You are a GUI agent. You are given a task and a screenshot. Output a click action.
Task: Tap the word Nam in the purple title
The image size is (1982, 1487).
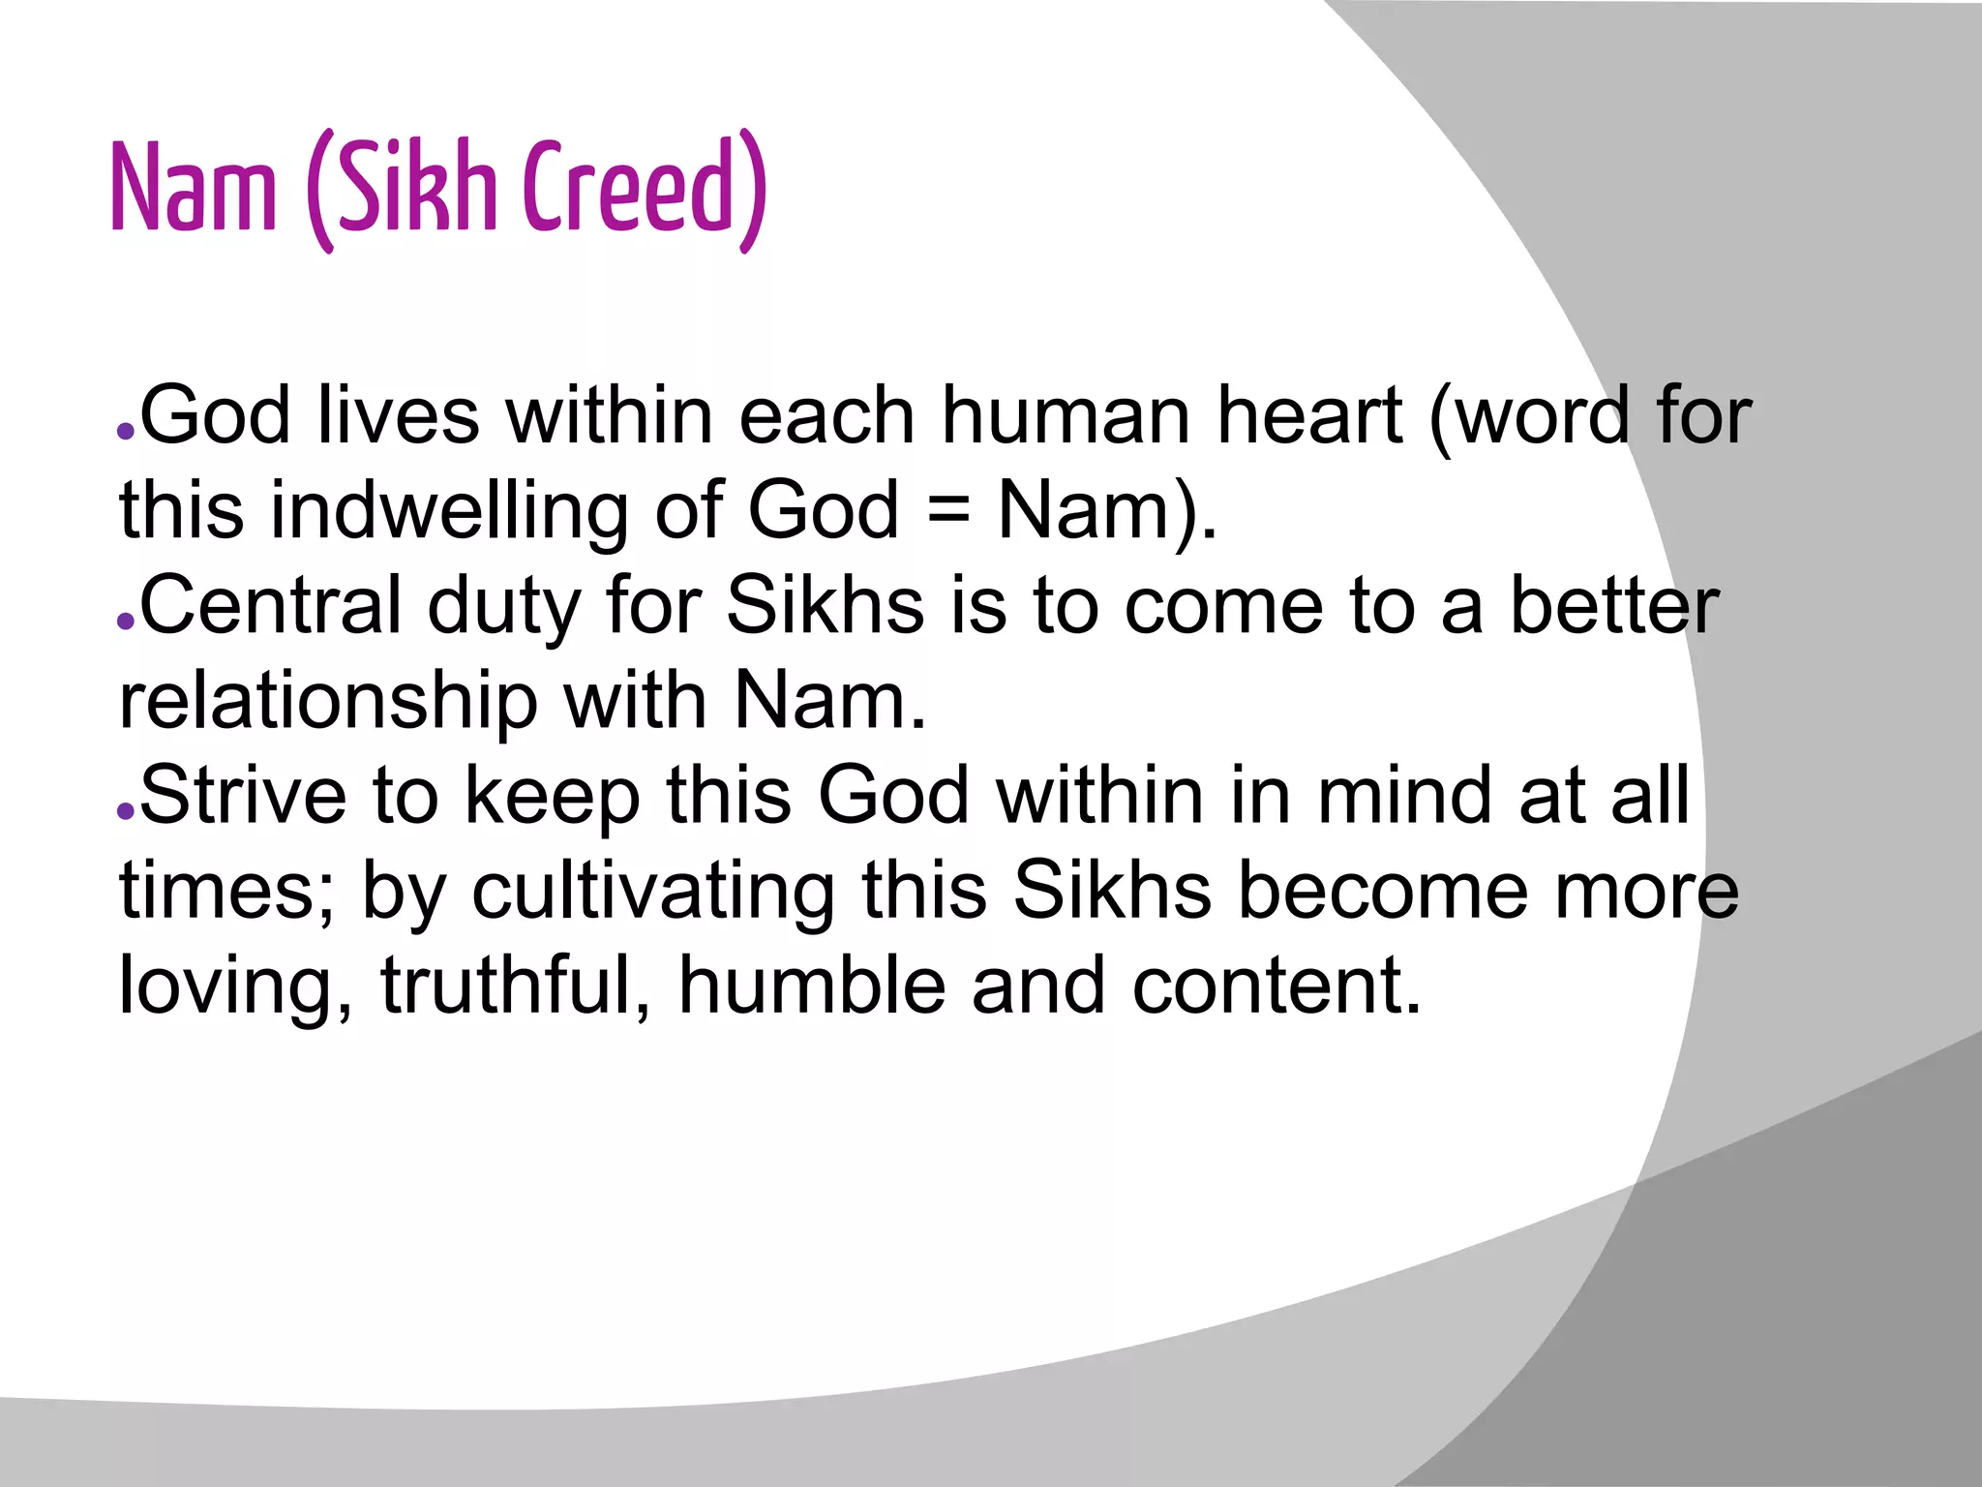coord(194,189)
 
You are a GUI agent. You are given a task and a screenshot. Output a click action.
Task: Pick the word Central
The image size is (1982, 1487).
coord(271,606)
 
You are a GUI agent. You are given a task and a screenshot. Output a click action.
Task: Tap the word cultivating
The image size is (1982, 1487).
coord(653,891)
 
